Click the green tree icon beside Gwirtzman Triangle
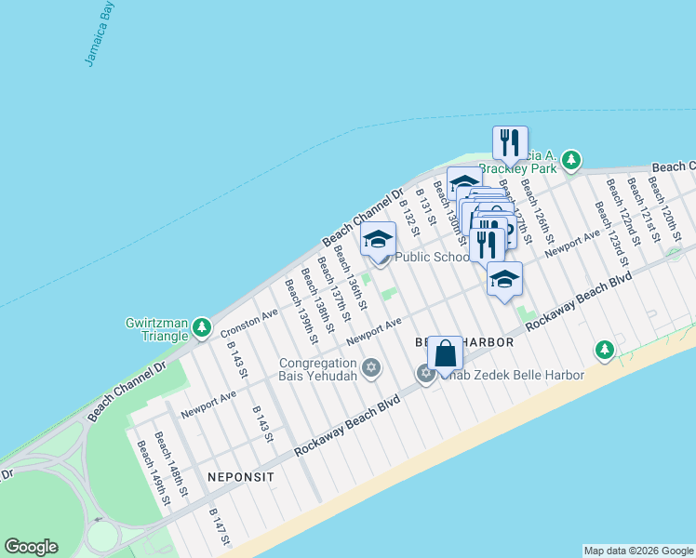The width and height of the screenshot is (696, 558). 201,325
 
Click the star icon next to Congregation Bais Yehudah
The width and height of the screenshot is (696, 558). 371,368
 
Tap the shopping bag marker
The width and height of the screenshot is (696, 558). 446,354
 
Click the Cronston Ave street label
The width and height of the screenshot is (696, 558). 249,323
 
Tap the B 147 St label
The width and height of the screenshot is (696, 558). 220,526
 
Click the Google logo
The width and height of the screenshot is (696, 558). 31,547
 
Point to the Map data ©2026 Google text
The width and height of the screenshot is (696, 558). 638,551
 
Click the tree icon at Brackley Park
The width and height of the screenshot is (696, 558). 571,162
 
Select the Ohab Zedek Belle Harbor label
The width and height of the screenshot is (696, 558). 512,375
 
